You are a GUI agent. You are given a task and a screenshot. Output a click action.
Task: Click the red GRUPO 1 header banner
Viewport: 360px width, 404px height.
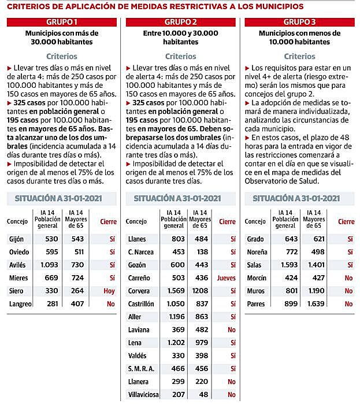point(62,22)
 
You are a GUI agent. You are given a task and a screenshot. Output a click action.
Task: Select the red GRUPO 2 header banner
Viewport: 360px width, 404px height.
point(180,22)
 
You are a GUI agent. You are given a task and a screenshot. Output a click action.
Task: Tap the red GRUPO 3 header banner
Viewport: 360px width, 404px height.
point(299,22)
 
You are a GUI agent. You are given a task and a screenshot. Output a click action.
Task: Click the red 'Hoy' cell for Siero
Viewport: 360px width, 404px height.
point(110,291)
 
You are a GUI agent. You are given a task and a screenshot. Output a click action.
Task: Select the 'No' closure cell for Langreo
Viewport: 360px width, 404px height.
point(110,304)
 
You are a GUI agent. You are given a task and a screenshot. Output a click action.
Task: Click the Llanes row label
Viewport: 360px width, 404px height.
point(137,239)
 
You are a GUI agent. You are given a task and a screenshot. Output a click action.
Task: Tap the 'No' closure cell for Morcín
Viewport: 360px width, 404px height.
point(348,278)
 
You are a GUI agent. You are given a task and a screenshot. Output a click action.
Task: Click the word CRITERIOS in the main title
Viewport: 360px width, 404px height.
point(28,6)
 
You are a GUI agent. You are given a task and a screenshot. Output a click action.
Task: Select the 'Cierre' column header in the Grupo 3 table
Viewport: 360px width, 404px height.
point(346,222)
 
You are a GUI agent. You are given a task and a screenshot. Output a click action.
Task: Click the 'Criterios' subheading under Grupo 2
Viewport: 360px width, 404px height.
point(180,57)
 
